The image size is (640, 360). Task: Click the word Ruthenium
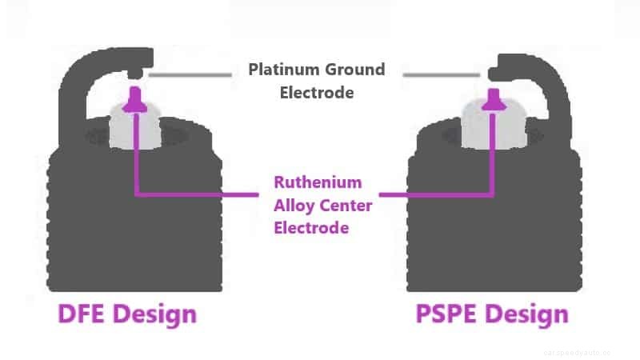pos(318,182)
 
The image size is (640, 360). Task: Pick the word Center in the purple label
pos(347,205)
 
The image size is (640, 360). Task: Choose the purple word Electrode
pos(311,227)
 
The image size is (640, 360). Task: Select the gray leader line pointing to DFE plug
pos(188,74)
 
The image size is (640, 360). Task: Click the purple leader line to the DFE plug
pos(200,194)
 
